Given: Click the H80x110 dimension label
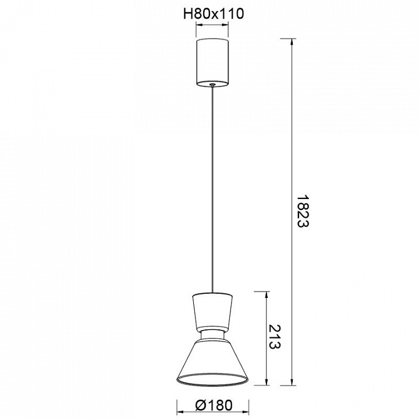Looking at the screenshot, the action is coord(214,14).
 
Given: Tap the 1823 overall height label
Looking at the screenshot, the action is coord(303,211).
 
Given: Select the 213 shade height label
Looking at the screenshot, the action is coord(275,337).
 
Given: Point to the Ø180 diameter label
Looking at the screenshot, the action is coord(214,405).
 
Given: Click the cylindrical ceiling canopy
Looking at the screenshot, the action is coord(212,62).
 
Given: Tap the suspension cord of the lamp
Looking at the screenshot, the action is coord(212,189).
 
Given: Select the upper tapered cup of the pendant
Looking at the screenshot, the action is coord(212,311).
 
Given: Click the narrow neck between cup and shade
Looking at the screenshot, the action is coord(212,336).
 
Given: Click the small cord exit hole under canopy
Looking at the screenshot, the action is coord(212,84).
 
